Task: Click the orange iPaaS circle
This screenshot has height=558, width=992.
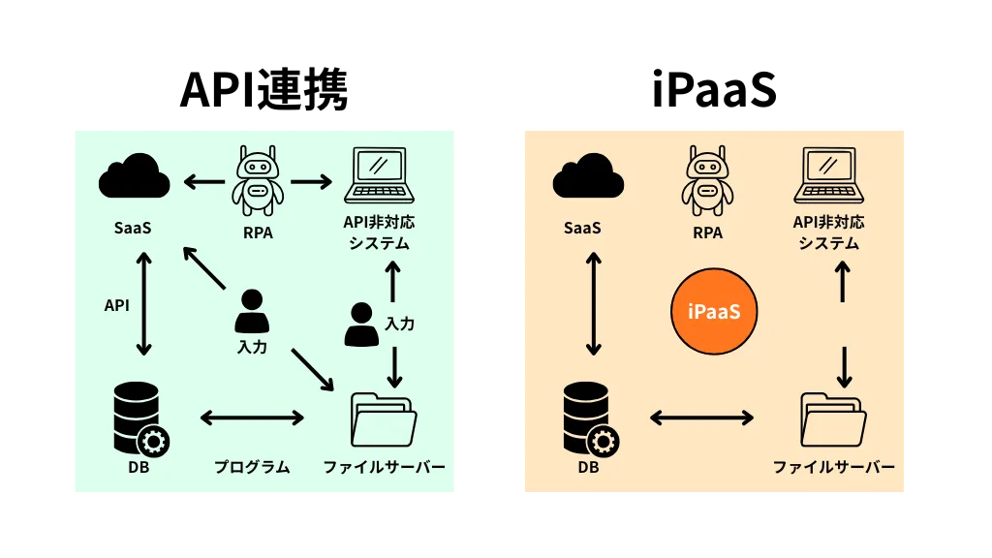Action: (714, 311)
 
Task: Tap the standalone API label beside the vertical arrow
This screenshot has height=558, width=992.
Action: (117, 305)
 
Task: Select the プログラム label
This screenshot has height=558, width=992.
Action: (252, 467)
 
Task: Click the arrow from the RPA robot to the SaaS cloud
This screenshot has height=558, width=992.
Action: (204, 180)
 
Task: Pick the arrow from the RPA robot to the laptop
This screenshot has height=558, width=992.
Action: (311, 180)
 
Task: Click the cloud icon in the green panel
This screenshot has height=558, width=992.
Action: (135, 176)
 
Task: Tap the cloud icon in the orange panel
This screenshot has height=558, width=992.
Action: (588, 176)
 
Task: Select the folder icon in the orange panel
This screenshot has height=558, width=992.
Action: (833, 418)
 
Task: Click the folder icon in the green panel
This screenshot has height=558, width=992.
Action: (384, 418)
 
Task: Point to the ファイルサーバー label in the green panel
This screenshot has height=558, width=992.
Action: (384, 467)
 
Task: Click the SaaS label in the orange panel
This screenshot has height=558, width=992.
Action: (582, 229)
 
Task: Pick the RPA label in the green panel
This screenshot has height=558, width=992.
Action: (258, 232)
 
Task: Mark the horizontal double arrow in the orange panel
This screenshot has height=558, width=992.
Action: (701, 418)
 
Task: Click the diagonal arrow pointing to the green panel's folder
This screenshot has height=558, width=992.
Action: (312, 369)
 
